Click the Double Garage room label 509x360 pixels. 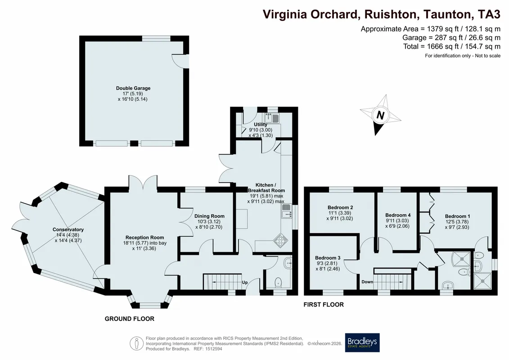pyautogui.click(x=133, y=88)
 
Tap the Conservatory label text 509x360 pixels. pyautogui.click(x=68, y=229)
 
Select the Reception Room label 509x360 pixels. pyautogui.click(x=145, y=237)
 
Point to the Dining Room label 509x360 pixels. pyautogui.click(x=209, y=216)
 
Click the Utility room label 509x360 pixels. pyautogui.click(x=261, y=124)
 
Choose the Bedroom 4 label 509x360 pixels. pyautogui.click(x=398, y=215)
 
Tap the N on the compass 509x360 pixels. pyautogui.click(x=380, y=115)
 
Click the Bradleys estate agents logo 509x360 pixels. pyautogui.click(x=362, y=342)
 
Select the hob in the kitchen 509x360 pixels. pyautogui.click(x=280, y=241)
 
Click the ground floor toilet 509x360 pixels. pyautogui.click(x=279, y=283)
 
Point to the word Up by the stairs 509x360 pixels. pyautogui.click(x=245, y=283)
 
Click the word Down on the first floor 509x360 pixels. pyautogui.click(x=367, y=282)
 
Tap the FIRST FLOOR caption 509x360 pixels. pyautogui.click(x=324, y=305)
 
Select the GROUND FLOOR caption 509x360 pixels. pyautogui.click(x=130, y=319)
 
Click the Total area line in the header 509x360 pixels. pyautogui.click(x=452, y=46)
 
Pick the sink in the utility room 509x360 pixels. pyautogui.click(x=272, y=118)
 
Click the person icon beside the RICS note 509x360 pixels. pyautogui.click(x=137, y=343)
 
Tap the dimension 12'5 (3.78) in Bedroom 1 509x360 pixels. pyautogui.click(x=457, y=222)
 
